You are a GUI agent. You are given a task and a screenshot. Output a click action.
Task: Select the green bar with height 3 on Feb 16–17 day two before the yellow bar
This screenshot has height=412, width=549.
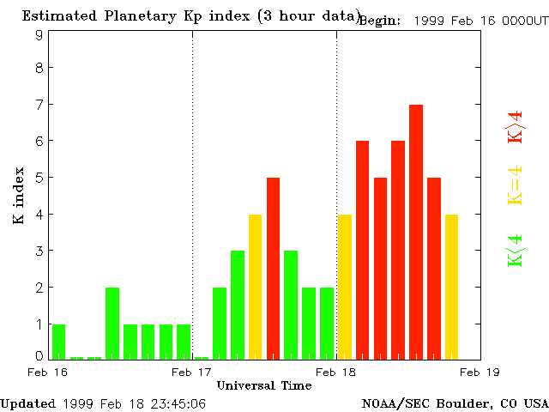pyautogui.click(x=238, y=305)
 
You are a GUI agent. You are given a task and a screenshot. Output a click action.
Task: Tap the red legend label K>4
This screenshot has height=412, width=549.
pyautogui.click(x=516, y=126)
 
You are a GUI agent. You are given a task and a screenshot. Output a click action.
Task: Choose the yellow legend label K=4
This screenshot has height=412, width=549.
pyautogui.click(x=516, y=186)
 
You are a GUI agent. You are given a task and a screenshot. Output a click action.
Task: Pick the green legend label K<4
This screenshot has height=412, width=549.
pyautogui.click(x=516, y=251)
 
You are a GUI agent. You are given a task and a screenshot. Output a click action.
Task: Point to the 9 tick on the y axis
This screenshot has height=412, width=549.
pyautogui.click(x=39, y=35)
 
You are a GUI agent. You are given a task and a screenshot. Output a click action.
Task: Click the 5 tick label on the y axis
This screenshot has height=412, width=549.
pyautogui.click(x=39, y=178)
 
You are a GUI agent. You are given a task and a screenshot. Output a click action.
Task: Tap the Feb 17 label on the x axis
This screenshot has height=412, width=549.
pyautogui.click(x=192, y=372)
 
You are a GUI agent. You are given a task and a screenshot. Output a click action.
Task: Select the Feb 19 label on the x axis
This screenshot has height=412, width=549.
pyautogui.click(x=481, y=372)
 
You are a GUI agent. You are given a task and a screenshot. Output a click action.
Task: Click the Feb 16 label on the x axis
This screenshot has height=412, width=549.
pyautogui.click(x=48, y=372)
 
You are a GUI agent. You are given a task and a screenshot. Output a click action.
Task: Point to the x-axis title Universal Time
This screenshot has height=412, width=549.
pyautogui.click(x=264, y=385)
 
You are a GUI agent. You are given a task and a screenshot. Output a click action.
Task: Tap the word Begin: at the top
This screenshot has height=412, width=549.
pyautogui.click(x=379, y=21)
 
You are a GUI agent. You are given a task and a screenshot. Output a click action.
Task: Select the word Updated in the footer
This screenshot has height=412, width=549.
pyautogui.click(x=28, y=403)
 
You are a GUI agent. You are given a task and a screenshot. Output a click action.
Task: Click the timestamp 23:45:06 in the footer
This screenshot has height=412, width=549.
pyautogui.click(x=176, y=403)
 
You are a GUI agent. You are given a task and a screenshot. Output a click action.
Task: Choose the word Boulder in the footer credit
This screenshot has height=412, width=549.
pyautogui.click(x=468, y=403)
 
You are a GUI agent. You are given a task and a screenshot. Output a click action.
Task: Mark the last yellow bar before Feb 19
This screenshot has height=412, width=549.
pyautogui.click(x=451, y=287)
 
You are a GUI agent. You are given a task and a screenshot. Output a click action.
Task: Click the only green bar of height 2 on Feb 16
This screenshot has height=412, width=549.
pyautogui.click(x=112, y=324)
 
